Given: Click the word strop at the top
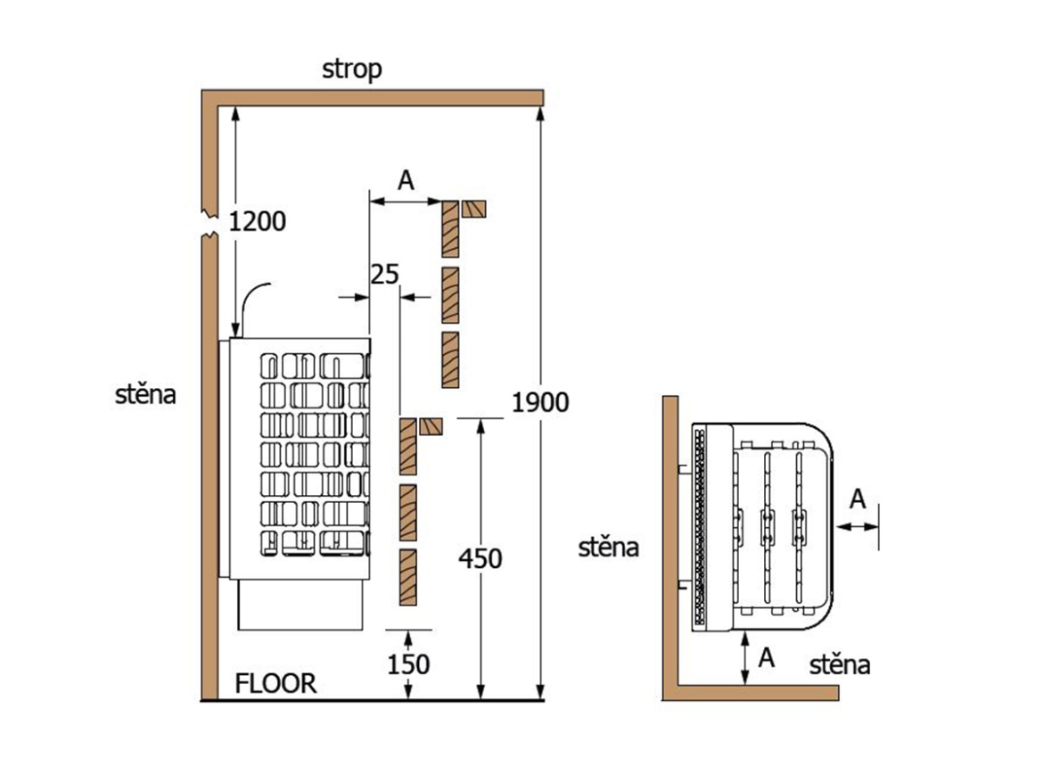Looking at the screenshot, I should pyautogui.click(x=352, y=70).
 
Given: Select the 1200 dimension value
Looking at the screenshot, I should pyautogui.click(x=258, y=220).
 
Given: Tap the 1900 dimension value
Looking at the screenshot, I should pyautogui.click(x=540, y=403).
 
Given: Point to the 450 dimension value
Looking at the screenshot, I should pyautogui.click(x=480, y=559).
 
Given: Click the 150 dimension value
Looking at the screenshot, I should pyautogui.click(x=408, y=664).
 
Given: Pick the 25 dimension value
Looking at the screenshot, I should pyautogui.click(x=384, y=274).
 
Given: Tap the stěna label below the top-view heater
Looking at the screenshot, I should pyautogui.click(x=841, y=664).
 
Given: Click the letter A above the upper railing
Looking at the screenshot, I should pyautogui.click(x=406, y=180).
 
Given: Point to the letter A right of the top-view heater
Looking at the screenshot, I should pyautogui.click(x=858, y=499).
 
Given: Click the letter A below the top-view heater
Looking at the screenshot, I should pyautogui.click(x=766, y=658).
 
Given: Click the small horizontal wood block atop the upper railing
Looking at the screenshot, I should pyautogui.click(x=473, y=209).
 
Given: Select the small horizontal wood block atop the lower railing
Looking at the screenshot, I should pyautogui.click(x=431, y=425).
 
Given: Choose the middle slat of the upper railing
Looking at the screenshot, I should pyautogui.click(x=451, y=294).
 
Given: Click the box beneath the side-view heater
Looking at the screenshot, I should pyautogui.click(x=301, y=606).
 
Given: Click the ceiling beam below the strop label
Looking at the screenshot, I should pyautogui.click(x=374, y=95).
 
